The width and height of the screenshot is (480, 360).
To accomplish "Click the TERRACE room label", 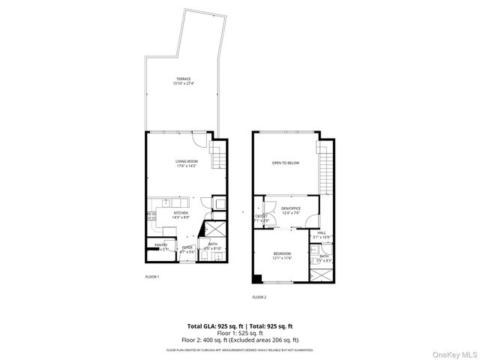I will [x=184, y=79].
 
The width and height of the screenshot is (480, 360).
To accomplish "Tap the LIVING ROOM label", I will [x=187, y=161].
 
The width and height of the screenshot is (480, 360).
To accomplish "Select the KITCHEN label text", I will [x=181, y=213].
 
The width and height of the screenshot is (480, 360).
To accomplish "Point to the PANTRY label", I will [x=161, y=245].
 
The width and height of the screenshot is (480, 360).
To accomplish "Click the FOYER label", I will [x=187, y=247].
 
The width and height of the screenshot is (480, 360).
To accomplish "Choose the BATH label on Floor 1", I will [x=213, y=244].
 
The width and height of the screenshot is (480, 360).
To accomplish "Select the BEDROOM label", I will [x=282, y=253].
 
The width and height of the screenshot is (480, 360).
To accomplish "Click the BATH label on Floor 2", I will [x=324, y=256].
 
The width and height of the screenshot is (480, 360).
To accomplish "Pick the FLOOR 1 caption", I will [x=151, y=277].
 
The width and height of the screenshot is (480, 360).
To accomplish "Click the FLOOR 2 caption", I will [x=259, y=297].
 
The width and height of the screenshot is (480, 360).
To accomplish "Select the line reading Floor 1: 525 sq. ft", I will [x=240, y=332].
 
